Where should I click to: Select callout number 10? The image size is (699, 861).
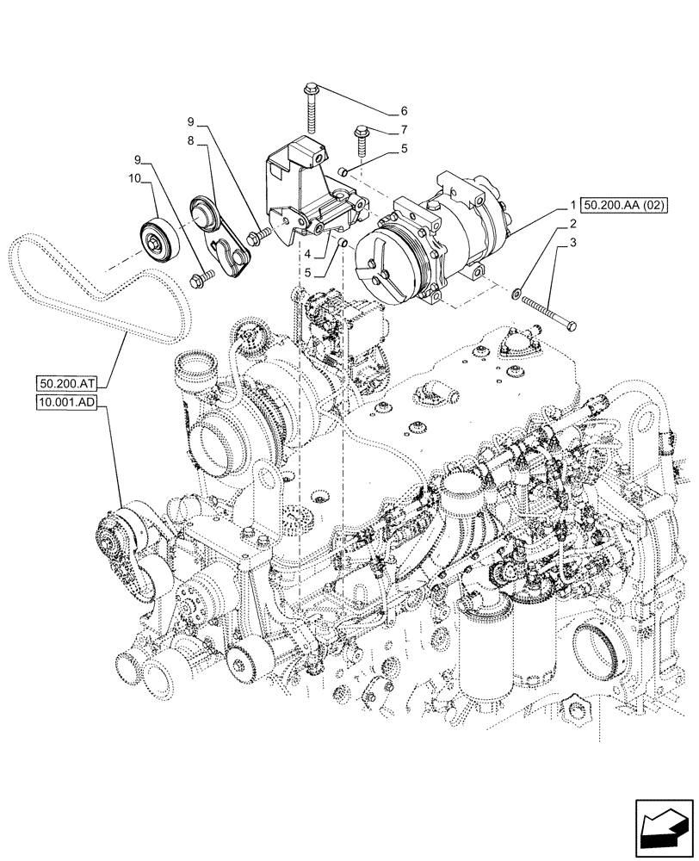133,179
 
